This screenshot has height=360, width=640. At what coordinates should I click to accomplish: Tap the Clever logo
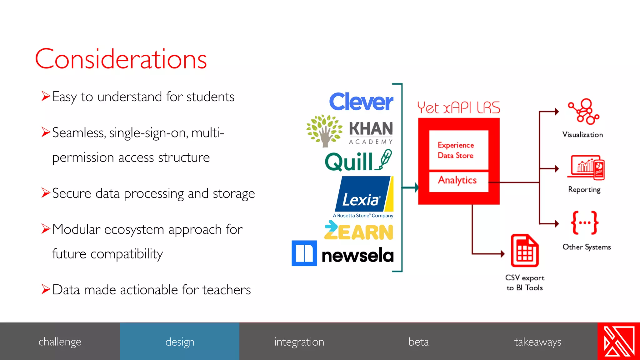[x=361, y=102]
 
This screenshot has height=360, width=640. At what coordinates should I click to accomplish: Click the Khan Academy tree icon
[x=324, y=131]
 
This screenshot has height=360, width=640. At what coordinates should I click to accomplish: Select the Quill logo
[x=358, y=161]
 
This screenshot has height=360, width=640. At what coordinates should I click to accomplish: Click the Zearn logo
[x=358, y=231]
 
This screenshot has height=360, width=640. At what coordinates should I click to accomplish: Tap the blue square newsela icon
[x=304, y=253]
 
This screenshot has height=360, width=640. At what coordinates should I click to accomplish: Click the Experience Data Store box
[x=458, y=150]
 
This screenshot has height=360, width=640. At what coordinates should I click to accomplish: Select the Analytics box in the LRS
[x=458, y=181]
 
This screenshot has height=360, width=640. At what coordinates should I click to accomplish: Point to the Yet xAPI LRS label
[x=458, y=108]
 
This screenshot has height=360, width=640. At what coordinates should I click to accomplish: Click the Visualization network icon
[x=583, y=112]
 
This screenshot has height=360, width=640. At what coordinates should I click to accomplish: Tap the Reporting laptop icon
[x=586, y=167]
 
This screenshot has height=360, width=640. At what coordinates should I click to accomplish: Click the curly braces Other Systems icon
[x=585, y=222]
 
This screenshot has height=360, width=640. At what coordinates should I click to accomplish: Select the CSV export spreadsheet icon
[x=524, y=251]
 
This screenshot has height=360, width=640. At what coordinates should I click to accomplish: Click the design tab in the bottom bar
[x=180, y=342]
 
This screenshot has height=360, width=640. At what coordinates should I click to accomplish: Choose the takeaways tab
[x=537, y=342]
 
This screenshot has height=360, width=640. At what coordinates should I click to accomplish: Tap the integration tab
[x=299, y=342]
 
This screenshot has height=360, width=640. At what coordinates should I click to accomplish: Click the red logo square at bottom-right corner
[x=619, y=341]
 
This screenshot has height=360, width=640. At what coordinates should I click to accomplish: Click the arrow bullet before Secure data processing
[x=46, y=193]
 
